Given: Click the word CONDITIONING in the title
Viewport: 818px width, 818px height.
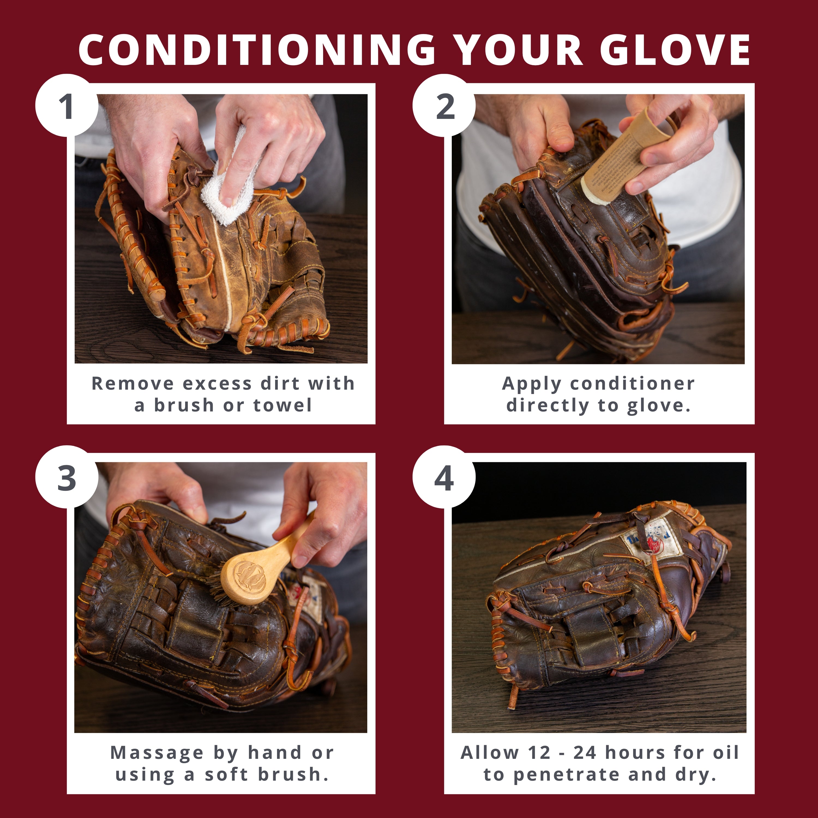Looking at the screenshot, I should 257,50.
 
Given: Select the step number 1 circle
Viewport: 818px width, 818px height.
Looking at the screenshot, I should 67,106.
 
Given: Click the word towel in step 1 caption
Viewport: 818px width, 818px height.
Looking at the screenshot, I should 282,405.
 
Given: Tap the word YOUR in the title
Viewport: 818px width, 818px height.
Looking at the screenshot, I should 518,50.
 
